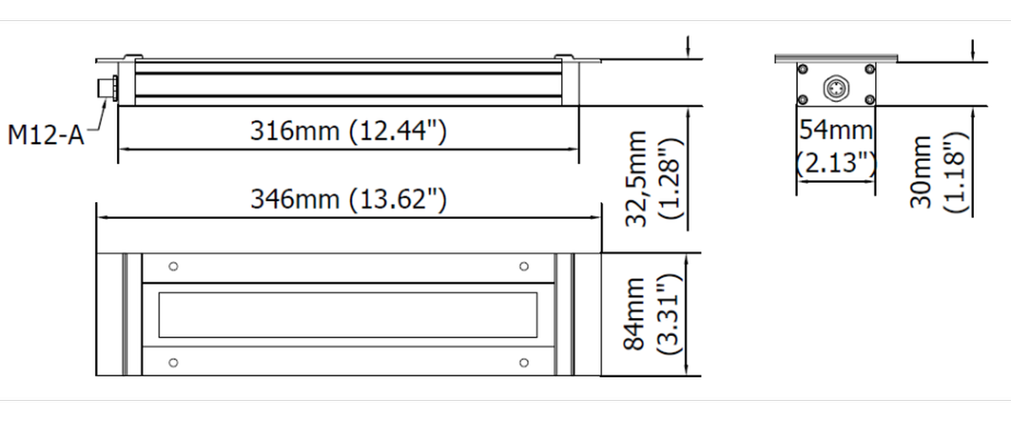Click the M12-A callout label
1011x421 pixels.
pos(45,135)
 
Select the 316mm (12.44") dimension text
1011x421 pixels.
pos(349,131)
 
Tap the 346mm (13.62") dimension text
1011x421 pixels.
pos(349,200)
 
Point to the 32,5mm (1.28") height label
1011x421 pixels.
pos(654,179)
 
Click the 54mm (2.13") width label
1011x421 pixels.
pos(836,147)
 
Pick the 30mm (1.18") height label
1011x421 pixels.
pos(939,173)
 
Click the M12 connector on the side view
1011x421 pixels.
pos(109,88)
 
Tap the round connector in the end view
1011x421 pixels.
pos(836,88)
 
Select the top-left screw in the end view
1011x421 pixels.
pos(803,69)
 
